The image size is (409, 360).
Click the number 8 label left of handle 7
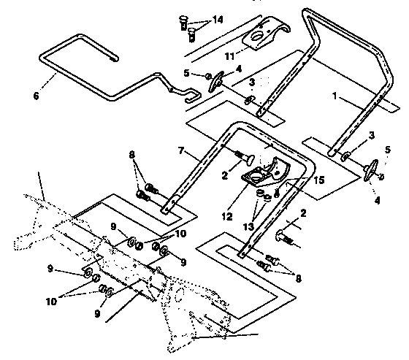pos(131,154)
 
